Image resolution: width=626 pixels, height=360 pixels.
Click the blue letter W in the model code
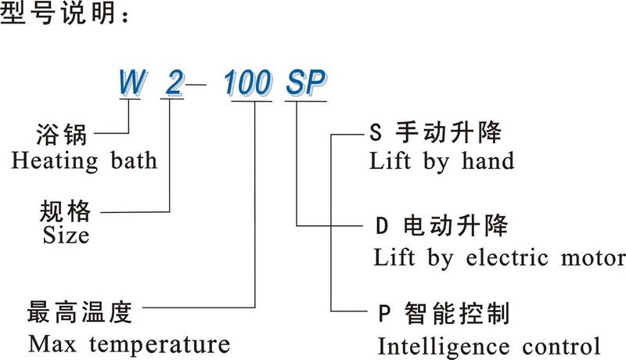click(128, 82)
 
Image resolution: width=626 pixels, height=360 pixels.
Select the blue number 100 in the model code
click(248, 82)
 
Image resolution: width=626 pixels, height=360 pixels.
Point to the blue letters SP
click(305, 82)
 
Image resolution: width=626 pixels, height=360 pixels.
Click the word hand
click(485, 161)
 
